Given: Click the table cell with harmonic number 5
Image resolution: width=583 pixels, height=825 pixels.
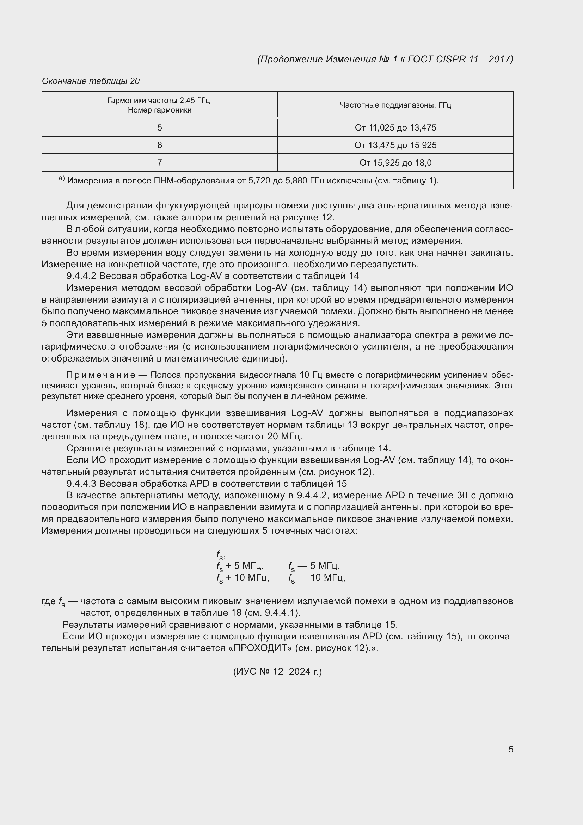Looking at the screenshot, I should pos(159,128).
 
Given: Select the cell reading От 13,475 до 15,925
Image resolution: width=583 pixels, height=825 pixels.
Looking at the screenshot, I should pos(395,145).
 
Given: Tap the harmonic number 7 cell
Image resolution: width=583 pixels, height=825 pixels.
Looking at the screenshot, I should pos(159,163).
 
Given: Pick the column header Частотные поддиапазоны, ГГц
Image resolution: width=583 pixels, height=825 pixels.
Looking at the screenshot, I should pos(395,105).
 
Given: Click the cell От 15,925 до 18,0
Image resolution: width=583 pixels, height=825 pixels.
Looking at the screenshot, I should pos(395,163).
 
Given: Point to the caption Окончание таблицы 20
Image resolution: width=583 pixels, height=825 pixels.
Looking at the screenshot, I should pos(91,81).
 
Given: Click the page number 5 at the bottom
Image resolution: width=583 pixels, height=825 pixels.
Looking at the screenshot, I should pos(510,749).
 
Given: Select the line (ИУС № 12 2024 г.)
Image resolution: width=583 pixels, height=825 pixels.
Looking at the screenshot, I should pos(277,672).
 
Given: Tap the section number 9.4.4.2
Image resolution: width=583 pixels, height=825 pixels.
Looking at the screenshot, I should pos(82,276).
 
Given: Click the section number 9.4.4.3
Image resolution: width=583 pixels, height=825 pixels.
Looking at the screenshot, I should pos(82,483).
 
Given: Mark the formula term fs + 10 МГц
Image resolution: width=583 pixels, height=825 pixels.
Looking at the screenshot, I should pos(243,578).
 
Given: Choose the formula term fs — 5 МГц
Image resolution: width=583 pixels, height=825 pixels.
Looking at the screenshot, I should pos(314,566).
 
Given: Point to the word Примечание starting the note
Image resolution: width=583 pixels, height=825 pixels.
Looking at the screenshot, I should pos(101,375).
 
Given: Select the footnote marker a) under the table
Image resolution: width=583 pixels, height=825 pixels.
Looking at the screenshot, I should pos(61,179).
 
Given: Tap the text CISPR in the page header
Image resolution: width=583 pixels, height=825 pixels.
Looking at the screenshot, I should pos(450,59).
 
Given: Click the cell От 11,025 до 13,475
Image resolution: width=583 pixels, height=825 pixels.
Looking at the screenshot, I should pos(395,128).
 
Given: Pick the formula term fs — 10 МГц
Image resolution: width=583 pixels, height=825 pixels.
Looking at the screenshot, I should pos(316,578).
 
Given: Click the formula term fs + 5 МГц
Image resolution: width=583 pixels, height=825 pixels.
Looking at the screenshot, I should pos(240,566).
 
